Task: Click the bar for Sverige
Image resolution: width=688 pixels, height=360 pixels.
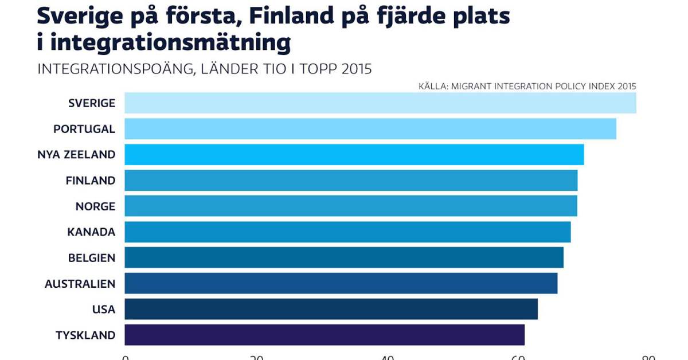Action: point(380,103)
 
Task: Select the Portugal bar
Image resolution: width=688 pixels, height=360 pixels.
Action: point(370,129)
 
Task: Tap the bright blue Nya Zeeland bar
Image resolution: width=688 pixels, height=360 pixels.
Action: point(354,155)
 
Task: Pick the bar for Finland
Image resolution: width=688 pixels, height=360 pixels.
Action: point(350,181)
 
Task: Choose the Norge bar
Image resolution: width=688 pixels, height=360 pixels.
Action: point(350,206)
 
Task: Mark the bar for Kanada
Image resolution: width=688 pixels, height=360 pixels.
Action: point(347,232)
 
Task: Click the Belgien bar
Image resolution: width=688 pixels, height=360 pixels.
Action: point(343,258)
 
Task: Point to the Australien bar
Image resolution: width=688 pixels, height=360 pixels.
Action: point(341,284)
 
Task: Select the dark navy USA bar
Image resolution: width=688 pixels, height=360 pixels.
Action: point(331,310)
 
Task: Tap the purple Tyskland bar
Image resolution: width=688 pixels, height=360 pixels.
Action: point(324,335)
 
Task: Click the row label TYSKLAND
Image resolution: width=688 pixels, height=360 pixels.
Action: point(85,335)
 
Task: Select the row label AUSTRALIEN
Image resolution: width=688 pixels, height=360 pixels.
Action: point(80,284)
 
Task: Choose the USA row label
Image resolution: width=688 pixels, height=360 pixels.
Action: point(104,310)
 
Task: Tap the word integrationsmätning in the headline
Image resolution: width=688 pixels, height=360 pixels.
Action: point(169,43)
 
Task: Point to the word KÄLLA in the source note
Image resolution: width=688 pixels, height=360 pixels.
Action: point(432,87)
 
